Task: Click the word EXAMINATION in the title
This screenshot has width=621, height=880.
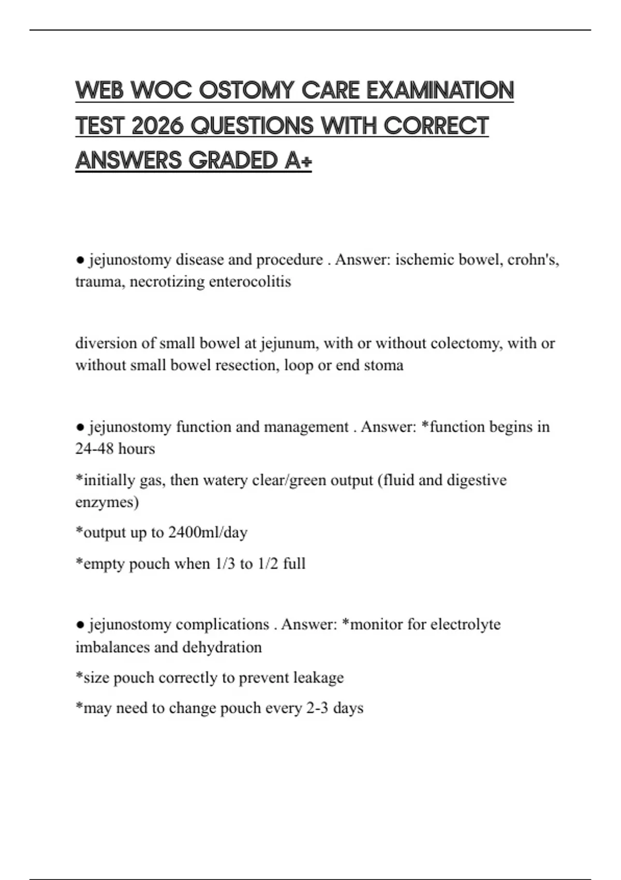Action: [440, 91]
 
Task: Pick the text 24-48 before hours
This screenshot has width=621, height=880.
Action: [94, 448]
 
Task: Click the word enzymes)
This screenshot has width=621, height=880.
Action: [107, 502]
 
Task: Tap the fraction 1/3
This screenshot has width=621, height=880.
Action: [225, 564]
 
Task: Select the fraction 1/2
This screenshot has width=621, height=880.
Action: [268, 564]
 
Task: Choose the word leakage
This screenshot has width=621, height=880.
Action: [318, 678]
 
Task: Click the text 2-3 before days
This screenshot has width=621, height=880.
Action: [317, 708]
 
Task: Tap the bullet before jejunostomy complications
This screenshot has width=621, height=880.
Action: [80, 625]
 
